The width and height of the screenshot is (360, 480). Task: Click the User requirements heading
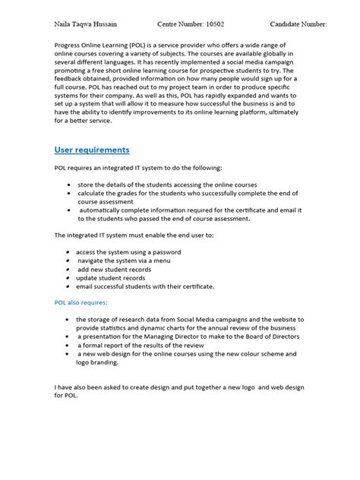(x=92, y=150)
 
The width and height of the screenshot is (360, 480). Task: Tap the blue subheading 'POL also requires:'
(x=81, y=302)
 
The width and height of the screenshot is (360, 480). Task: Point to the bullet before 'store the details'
(x=70, y=185)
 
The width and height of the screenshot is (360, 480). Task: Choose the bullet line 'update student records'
(x=112, y=278)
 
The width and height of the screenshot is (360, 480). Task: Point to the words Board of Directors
(x=270, y=336)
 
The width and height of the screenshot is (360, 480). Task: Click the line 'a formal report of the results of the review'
(x=144, y=346)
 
